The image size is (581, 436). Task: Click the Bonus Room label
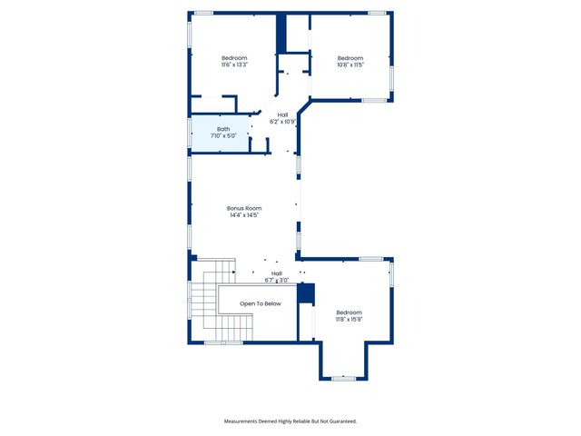click(244, 208)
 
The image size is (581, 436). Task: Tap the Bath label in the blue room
click(223, 129)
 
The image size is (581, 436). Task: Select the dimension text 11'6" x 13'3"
click(234, 64)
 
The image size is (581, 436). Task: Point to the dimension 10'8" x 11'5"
click(350, 64)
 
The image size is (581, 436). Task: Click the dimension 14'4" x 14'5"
click(244, 215)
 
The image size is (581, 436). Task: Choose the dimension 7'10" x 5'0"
click(223, 136)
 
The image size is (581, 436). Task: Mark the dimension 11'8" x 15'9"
click(350, 319)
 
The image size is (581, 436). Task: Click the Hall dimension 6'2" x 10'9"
click(283, 122)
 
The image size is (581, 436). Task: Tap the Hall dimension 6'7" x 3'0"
click(277, 281)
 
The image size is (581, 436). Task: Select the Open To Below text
click(261, 303)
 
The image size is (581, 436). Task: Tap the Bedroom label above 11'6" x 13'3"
click(234, 57)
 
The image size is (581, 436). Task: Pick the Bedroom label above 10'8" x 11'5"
click(350, 57)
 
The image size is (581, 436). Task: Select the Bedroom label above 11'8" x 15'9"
click(350, 312)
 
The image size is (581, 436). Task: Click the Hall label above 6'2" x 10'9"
click(283, 114)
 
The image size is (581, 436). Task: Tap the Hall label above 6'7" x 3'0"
click(277, 273)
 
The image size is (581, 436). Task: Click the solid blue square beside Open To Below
click(306, 294)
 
